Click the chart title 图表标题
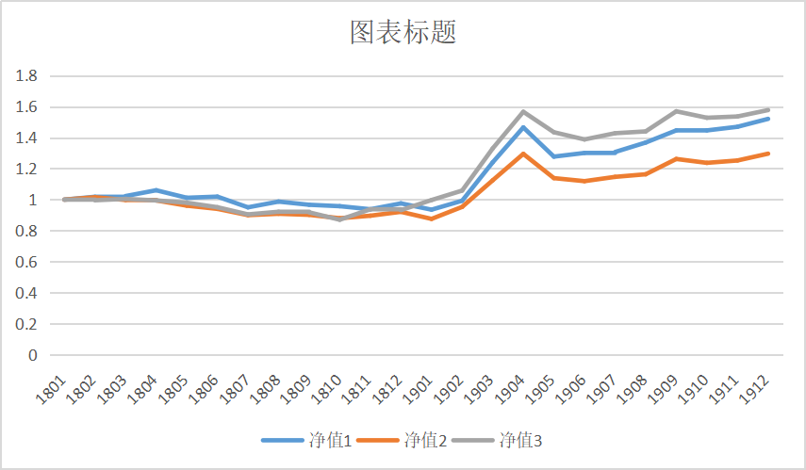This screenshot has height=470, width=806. coord(403,33)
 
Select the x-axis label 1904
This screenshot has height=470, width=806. coord(516,389)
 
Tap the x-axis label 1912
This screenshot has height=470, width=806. coord(761,389)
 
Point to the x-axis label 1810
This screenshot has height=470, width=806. coord(332,389)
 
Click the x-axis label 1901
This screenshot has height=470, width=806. coord(424,389)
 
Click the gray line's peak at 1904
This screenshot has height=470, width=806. coord(523,112)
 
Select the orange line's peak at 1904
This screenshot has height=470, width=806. coord(523,154)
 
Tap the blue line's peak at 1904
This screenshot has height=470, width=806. coord(523,127)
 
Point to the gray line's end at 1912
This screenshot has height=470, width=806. coord(768,110)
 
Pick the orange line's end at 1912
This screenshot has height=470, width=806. coord(768,154)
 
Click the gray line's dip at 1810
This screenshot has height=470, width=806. coord(340,219)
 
